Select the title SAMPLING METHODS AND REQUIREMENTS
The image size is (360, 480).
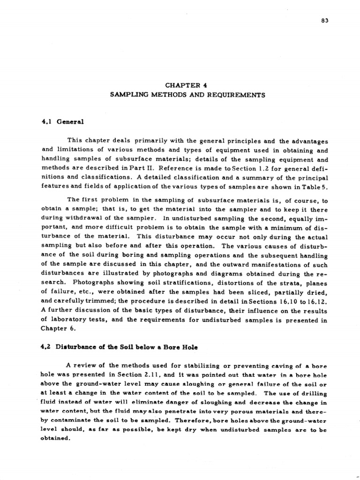(x=187, y=95)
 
